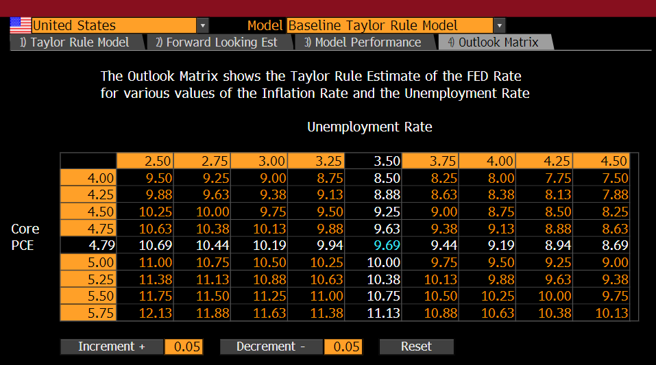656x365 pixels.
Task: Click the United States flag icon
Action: (21, 25)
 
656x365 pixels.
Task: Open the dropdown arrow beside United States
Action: (202, 25)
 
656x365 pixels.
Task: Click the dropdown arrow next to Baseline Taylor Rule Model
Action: (499, 25)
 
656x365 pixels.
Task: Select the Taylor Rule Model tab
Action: (77, 42)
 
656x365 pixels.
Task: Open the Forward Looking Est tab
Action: (219, 42)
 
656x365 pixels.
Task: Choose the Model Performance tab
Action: (365, 42)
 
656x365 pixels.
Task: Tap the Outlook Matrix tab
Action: (496, 42)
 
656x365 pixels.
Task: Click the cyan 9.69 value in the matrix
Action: (387, 245)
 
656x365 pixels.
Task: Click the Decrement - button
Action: (271, 347)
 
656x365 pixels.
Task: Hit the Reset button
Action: (416, 347)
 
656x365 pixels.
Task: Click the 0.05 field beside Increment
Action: (184, 347)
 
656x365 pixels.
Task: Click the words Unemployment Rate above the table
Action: (369, 127)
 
